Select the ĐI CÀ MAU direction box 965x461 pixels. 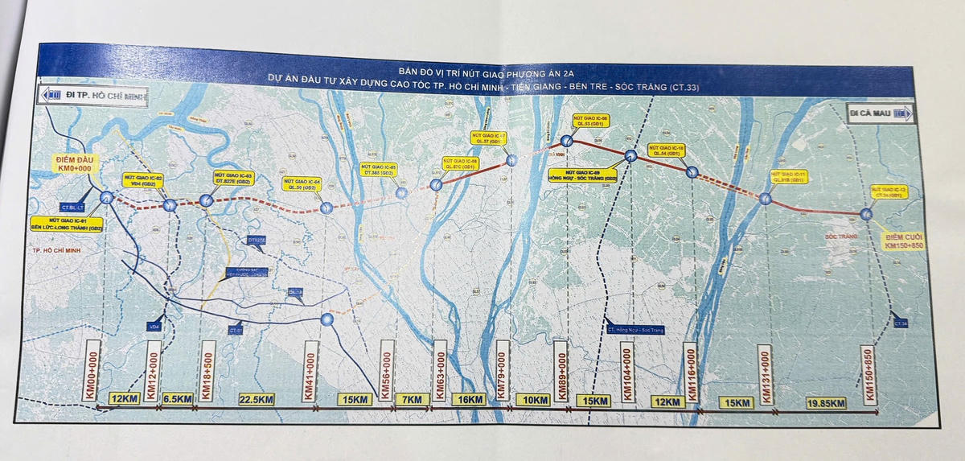pyautogui.click(x=881, y=114)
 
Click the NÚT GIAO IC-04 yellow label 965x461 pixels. pyautogui.click(x=303, y=184)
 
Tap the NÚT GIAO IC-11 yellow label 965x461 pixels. pyautogui.click(x=787, y=176)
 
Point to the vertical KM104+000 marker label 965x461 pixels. pyautogui.click(x=626, y=372)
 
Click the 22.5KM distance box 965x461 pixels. pyautogui.click(x=254, y=398)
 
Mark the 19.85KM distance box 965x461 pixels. pyautogui.click(x=826, y=402)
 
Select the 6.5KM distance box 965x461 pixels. pyautogui.click(x=178, y=398)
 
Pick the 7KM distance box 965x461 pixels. pyautogui.click(x=409, y=399)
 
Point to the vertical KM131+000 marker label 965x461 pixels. pyautogui.click(x=765, y=375)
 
